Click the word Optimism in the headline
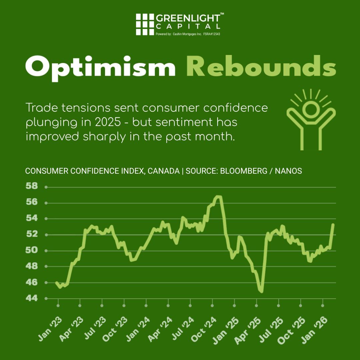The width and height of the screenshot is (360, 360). [x=100, y=68]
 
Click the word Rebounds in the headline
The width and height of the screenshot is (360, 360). [x=261, y=66]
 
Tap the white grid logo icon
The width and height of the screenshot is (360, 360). [x=145, y=24]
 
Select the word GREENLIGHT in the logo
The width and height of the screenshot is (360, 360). [x=188, y=18]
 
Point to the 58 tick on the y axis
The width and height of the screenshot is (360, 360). [x=32, y=186]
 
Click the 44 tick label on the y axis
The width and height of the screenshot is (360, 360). [x=32, y=298]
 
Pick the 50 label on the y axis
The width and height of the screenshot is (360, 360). [x=32, y=250]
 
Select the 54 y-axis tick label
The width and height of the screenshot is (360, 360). [x=32, y=218]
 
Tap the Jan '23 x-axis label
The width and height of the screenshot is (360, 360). [x=50, y=329]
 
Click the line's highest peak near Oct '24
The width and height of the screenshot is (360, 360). [x=218, y=197]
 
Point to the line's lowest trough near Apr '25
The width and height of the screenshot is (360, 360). [x=262, y=292]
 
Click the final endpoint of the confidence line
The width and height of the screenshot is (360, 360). [x=333, y=224]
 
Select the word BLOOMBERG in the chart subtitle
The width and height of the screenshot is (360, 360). [x=244, y=171]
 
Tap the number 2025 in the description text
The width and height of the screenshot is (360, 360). [x=108, y=122]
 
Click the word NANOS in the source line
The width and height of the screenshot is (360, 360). [x=288, y=171]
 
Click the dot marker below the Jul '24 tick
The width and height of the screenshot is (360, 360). [x=190, y=306]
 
